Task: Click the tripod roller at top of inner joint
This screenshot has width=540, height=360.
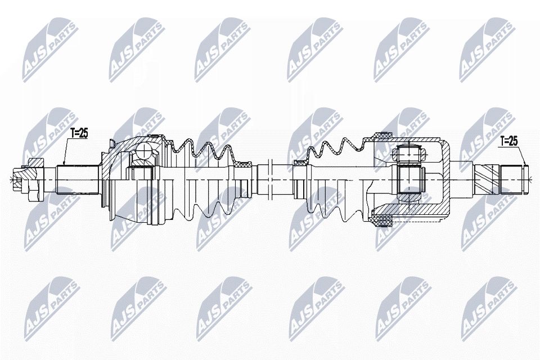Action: (409, 151)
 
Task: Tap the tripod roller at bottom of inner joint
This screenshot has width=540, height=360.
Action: (409, 201)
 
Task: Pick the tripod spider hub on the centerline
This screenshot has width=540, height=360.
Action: (409, 177)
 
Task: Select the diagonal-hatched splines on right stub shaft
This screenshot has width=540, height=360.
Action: (485, 177)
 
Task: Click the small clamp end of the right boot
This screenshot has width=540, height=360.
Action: (301, 163)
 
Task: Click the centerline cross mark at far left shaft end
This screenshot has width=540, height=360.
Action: (12, 179)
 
